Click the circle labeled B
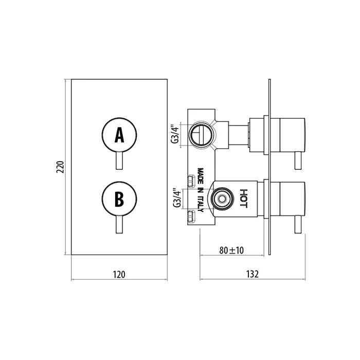[119, 199]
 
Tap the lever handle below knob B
[119, 225]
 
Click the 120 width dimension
[119, 274]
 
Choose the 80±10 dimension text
[231, 250]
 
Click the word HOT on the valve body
[243, 197]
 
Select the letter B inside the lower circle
[119, 199]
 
